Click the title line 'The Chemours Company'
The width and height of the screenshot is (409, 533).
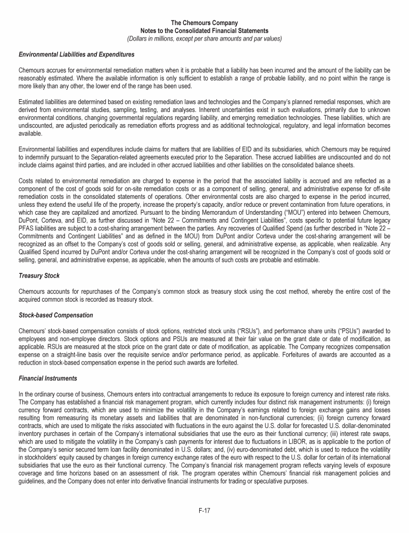click(204, 23)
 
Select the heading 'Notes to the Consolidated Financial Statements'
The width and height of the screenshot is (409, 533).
click(204, 31)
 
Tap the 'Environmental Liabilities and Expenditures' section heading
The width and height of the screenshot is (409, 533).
click(69, 54)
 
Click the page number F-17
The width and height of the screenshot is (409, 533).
click(204, 511)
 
